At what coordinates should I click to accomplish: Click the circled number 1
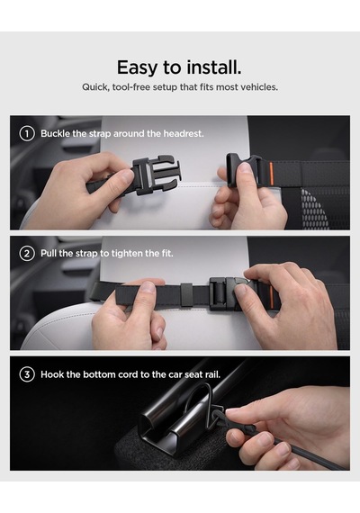point(27,133)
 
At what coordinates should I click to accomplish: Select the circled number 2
point(27,254)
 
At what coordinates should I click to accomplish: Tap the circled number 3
point(27,374)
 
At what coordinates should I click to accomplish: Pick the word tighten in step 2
point(126,254)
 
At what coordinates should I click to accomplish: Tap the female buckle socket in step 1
point(244,169)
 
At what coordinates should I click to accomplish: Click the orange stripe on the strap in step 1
point(271,174)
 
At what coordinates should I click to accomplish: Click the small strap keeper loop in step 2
point(187,294)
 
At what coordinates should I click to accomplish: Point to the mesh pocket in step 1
point(315,208)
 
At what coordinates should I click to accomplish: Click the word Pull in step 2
point(49,254)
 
